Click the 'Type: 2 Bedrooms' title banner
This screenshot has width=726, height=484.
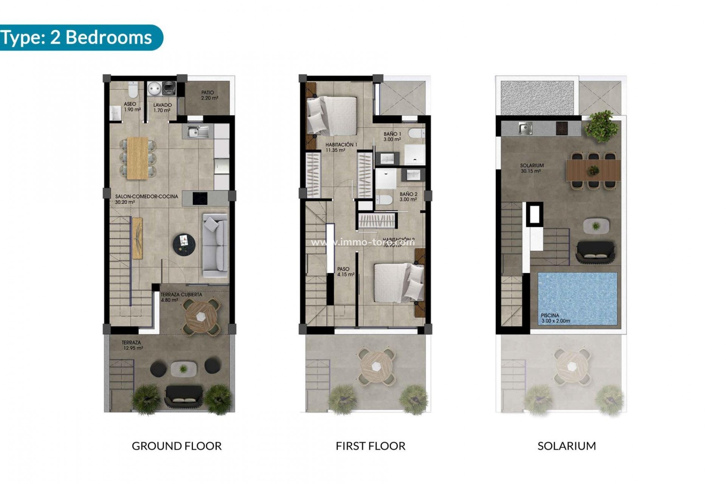[78, 37]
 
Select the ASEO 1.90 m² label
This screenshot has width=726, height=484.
[131, 107]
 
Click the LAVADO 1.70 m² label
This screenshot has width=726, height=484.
[162, 108]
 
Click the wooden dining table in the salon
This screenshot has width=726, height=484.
[137, 158]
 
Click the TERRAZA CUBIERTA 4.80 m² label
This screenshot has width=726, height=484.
[181, 297]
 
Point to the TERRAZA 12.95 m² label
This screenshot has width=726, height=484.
[132, 345]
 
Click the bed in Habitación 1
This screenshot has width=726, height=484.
[332, 116]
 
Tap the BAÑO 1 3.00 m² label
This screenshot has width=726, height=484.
[392, 137]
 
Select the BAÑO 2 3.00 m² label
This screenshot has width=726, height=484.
[408, 197]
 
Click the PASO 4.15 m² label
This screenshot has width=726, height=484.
[345, 272]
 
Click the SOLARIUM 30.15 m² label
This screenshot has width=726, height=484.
[531, 168]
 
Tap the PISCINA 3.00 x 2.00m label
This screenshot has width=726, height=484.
[555, 318]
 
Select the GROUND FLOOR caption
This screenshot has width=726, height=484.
[177, 446]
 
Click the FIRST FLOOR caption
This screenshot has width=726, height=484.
[370, 446]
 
